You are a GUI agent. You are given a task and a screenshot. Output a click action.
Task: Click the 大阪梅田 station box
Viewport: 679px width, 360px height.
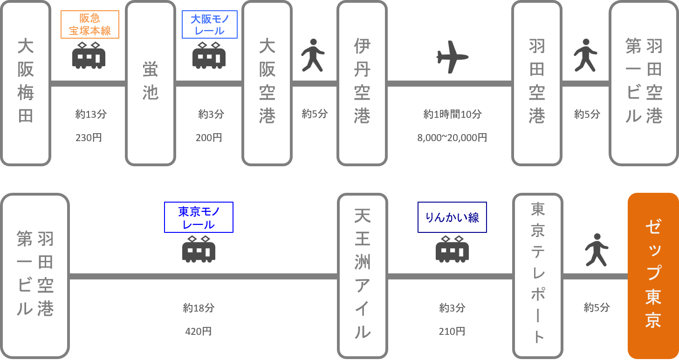(x=26, y=83)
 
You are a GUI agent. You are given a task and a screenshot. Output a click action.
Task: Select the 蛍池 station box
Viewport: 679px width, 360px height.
(x=151, y=83)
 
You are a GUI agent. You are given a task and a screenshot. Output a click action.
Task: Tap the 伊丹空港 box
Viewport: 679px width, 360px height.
(x=362, y=83)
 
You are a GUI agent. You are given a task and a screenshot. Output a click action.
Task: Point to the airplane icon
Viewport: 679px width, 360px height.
(x=452, y=57)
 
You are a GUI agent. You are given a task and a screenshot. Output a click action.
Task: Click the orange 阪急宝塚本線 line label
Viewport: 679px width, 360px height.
(x=90, y=25)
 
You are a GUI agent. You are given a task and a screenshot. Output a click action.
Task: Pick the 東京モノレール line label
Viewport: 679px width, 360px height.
(x=199, y=217)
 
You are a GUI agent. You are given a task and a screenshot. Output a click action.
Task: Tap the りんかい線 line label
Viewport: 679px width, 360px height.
(x=452, y=217)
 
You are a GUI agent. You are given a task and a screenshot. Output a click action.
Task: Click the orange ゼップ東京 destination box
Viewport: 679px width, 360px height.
(x=653, y=275)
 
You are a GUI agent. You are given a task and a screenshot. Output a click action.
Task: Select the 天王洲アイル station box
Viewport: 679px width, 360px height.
(x=362, y=275)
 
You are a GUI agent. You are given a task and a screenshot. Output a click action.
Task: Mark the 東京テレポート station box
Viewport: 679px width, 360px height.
(x=538, y=275)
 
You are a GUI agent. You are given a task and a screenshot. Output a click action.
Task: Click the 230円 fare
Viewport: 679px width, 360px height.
(x=89, y=138)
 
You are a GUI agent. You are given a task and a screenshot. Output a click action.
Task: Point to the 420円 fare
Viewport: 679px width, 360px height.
(x=199, y=332)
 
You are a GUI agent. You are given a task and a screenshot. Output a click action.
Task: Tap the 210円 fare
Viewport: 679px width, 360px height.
(x=452, y=332)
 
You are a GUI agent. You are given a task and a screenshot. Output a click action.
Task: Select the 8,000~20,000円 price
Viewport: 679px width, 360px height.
(x=452, y=138)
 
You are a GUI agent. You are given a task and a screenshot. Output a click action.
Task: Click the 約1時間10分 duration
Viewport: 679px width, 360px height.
(x=452, y=114)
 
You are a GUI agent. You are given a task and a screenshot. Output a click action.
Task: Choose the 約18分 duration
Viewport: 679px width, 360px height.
(x=199, y=308)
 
